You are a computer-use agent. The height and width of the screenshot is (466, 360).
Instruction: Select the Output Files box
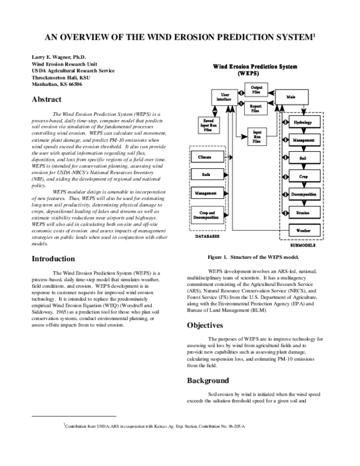click(x=254, y=89)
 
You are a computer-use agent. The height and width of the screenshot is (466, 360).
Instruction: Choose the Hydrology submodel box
click(x=304, y=123)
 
